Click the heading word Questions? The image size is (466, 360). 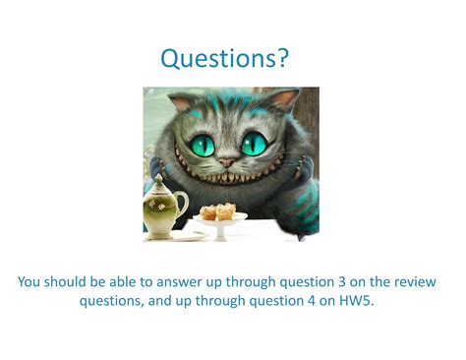(x=225, y=59)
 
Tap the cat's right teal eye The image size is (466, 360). (x=255, y=145)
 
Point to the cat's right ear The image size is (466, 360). (x=284, y=98)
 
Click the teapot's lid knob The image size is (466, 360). (x=160, y=179)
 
